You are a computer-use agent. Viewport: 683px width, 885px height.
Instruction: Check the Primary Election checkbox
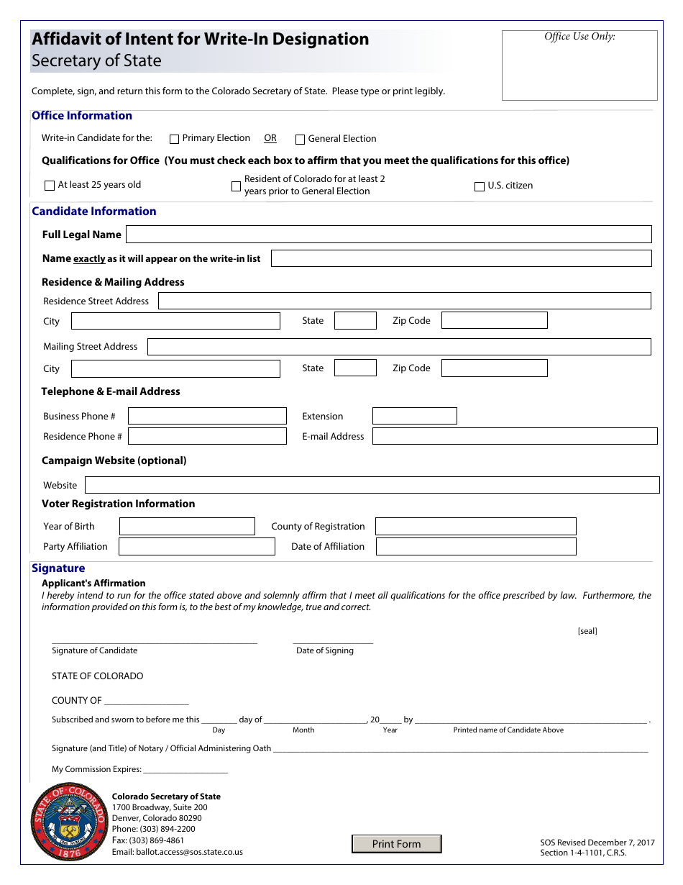[x=174, y=139]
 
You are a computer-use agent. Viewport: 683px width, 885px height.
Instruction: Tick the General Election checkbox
[x=301, y=140]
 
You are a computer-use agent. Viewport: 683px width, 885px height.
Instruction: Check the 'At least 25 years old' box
[x=50, y=186]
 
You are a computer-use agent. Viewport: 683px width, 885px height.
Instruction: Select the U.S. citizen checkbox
[x=480, y=186]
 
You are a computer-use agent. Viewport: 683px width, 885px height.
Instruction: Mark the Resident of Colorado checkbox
[x=236, y=186]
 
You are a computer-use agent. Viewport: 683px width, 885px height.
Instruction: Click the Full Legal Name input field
[x=388, y=235]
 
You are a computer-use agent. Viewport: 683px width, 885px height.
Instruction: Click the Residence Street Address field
[x=404, y=301]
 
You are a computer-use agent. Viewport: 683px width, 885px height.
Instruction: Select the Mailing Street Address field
[x=399, y=347]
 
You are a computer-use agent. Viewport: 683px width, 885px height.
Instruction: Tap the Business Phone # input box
[x=207, y=416]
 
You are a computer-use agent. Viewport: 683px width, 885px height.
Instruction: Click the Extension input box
[x=414, y=416]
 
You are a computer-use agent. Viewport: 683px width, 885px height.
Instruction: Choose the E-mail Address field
[x=515, y=436]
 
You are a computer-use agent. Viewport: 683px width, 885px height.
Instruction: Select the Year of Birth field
[x=187, y=527]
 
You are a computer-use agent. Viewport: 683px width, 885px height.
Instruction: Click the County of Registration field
[x=475, y=527]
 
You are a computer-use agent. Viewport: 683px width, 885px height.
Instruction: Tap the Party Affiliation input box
[x=196, y=547]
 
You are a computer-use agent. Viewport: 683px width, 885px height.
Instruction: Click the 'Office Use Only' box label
[x=579, y=37]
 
